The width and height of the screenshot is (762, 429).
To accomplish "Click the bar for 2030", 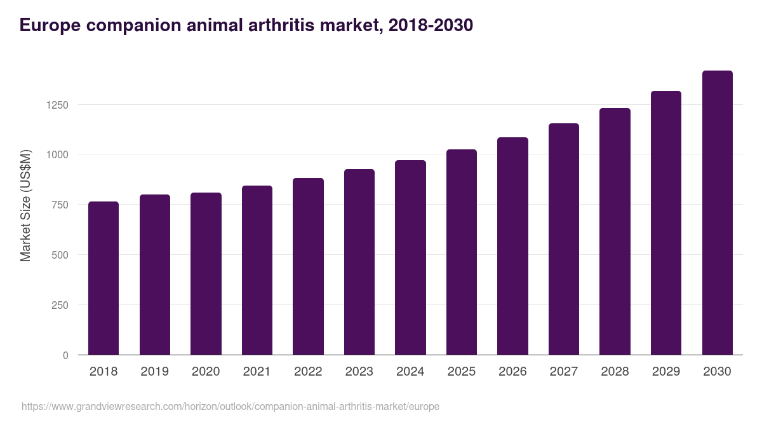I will (x=717, y=213).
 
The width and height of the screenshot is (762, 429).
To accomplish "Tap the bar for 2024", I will (x=410, y=257).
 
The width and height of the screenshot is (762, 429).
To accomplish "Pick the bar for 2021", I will (x=257, y=270).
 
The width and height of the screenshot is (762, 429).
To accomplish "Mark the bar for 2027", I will (x=564, y=239).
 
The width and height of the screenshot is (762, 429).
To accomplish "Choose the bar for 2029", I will (x=666, y=223).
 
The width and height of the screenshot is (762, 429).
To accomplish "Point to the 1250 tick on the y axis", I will (x=57, y=105).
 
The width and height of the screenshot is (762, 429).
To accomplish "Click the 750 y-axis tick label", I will (x=60, y=205).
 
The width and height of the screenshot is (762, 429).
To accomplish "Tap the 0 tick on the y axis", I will (x=65, y=355).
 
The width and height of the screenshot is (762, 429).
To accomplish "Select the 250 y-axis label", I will (x=60, y=305).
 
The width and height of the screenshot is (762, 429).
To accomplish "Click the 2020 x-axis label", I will (x=206, y=372).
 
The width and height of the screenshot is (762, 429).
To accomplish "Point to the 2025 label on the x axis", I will (x=462, y=372).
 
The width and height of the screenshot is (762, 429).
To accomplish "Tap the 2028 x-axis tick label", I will (x=615, y=372).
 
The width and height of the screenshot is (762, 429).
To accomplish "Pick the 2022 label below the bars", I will (x=308, y=372).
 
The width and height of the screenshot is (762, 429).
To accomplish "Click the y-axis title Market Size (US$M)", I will (x=25, y=205).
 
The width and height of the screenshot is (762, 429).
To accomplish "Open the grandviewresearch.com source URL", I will (x=231, y=406).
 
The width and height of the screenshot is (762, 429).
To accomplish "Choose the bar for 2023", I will (x=359, y=262).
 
